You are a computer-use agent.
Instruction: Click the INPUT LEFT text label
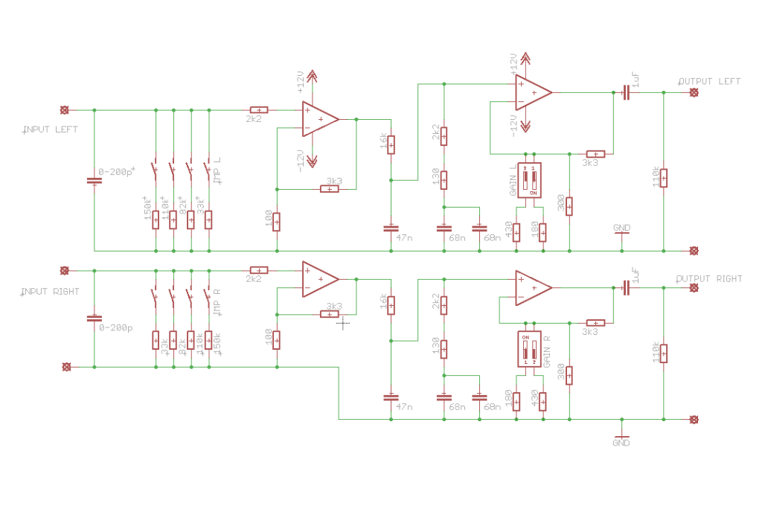[x=51, y=129]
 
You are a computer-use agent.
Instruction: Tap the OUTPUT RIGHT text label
[x=708, y=279]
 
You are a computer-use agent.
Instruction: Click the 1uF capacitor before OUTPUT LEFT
[x=626, y=93]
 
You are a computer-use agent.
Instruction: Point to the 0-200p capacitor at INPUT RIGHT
[x=95, y=319]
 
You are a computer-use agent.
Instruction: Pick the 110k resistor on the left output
[x=663, y=178]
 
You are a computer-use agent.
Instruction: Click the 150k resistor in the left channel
[x=156, y=220]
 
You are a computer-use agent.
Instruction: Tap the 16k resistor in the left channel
[x=391, y=144]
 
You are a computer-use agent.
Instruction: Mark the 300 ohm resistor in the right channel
[x=569, y=376]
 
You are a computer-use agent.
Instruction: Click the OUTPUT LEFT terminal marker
[x=694, y=93]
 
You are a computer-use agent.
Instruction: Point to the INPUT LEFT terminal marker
[x=64, y=110]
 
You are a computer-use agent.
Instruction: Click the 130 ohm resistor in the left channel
[x=444, y=180]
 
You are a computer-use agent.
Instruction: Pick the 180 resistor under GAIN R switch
[x=516, y=401]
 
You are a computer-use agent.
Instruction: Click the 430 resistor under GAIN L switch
[x=516, y=231]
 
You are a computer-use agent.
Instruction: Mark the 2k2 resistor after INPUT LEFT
[x=258, y=110]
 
